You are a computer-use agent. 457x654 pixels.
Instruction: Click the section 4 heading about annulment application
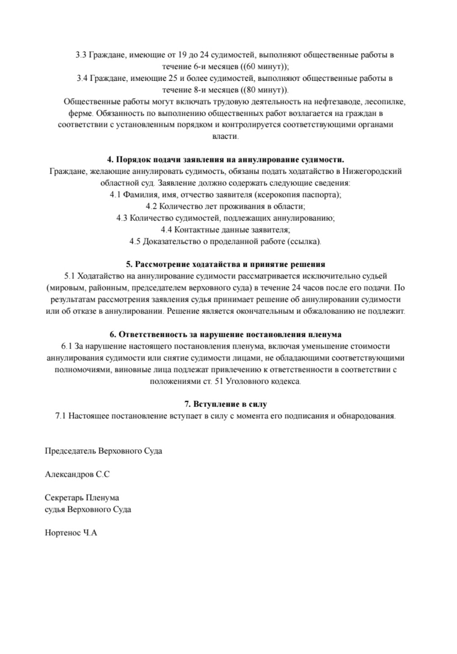(x=226, y=159)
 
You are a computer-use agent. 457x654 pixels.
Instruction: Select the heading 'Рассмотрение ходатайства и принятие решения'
(x=226, y=264)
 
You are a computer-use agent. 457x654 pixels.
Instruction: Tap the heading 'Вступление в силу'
(x=226, y=404)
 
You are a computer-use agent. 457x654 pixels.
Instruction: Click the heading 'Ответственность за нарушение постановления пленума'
(x=226, y=334)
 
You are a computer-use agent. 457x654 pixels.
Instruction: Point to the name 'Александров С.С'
(x=77, y=474)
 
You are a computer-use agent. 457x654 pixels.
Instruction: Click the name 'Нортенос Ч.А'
(x=71, y=533)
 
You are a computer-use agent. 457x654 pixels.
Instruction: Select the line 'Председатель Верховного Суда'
(x=103, y=451)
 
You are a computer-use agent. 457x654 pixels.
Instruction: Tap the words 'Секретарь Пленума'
(x=82, y=497)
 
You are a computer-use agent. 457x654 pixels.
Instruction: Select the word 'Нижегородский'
(x=372, y=171)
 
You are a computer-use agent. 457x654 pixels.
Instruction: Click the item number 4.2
(x=152, y=206)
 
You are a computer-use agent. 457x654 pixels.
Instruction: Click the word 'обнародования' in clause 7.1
(x=366, y=416)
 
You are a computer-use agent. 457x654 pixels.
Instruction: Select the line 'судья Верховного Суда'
(x=88, y=509)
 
